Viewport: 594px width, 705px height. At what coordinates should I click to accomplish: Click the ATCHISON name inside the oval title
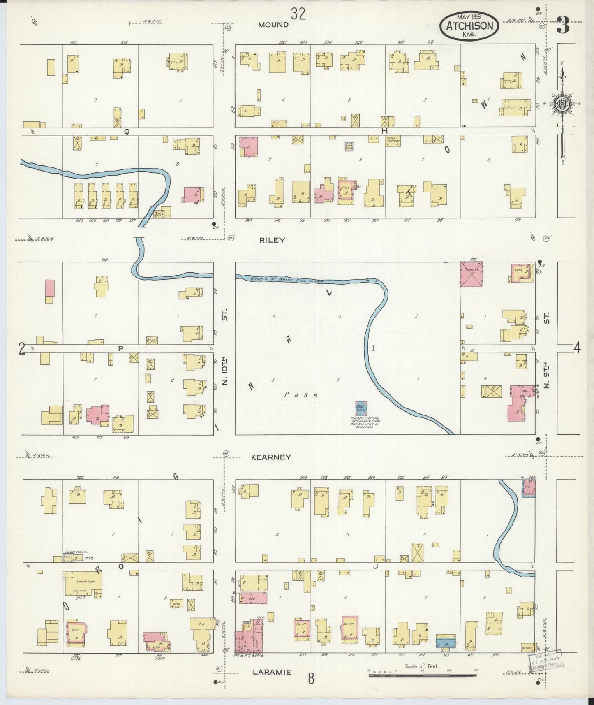[469, 26]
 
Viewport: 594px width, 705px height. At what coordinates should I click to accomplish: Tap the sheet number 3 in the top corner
[563, 26]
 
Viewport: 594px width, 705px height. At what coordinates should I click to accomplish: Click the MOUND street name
[273, 25]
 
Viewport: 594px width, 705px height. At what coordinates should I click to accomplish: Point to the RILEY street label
[272, 240]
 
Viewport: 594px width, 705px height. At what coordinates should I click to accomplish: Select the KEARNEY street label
[271, 457]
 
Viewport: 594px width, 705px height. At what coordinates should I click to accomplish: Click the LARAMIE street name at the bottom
[272, 672]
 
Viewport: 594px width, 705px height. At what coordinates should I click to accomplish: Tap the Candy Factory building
[393, 141]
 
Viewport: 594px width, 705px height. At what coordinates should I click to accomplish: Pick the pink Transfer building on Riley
[471, 274]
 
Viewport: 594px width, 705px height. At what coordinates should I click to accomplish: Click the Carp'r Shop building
[83, 583]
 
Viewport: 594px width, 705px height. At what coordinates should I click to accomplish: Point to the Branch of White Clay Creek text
[287, 280]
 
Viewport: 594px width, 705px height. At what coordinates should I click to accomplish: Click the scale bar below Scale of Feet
[423, 675]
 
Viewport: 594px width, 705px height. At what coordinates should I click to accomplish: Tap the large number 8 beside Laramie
[311, 678]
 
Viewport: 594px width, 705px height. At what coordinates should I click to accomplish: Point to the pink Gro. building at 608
[253, 598]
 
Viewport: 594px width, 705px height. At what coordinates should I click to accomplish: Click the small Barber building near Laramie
[527, 648]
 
